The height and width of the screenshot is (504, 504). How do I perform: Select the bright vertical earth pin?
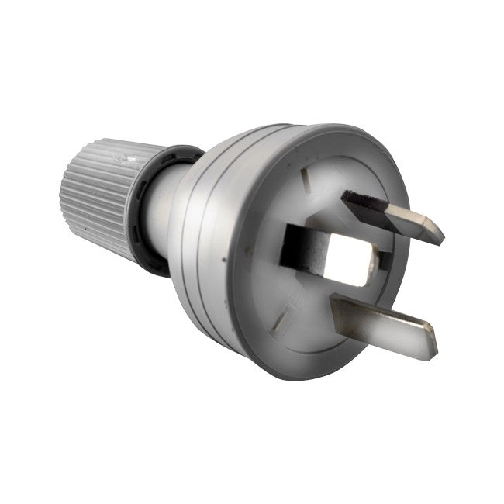pos(345,256)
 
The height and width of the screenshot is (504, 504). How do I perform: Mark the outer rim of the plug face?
pos(256,341)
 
